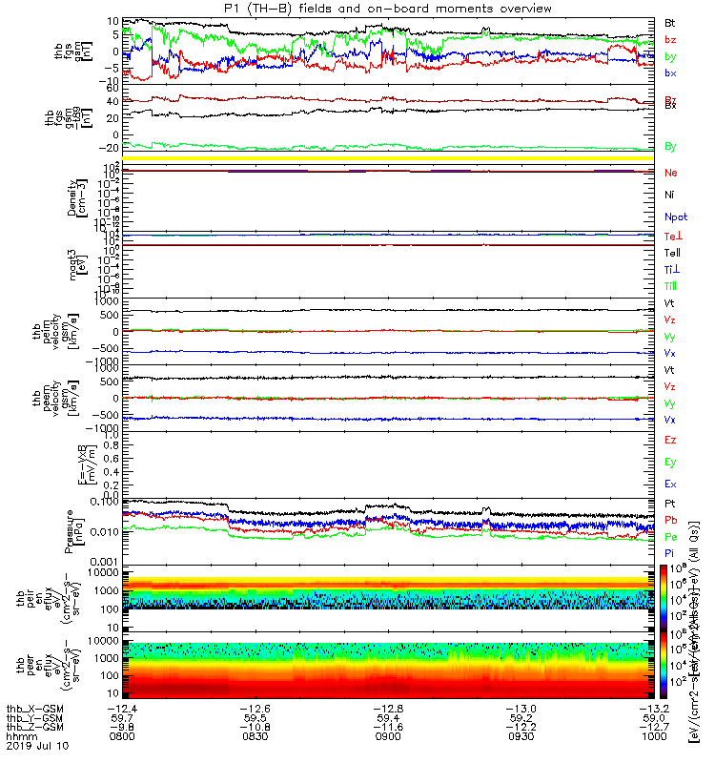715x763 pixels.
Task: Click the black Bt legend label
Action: coord(670,21)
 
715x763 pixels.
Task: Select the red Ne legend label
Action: coord(671,173)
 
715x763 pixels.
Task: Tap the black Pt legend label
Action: coord(670,503)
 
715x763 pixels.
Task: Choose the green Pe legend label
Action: coord(670,537)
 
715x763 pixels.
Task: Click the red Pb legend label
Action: coord(670,520)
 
